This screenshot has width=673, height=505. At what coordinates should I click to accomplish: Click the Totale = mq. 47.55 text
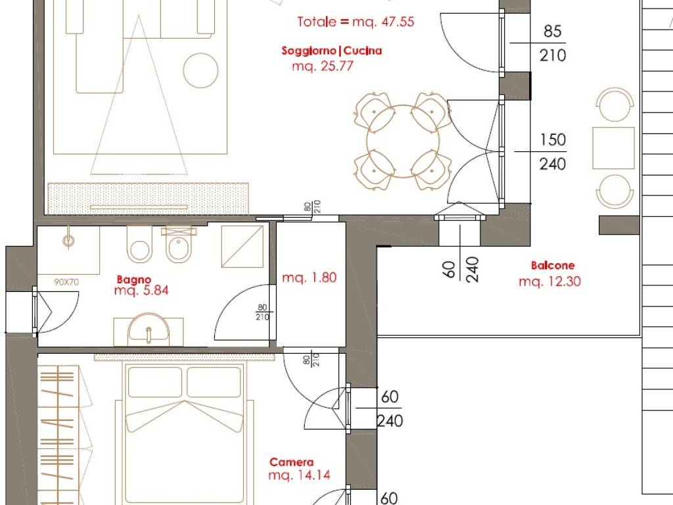(356, 22)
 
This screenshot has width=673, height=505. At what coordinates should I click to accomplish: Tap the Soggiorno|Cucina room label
(331, 51)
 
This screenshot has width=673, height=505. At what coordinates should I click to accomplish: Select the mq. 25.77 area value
(322, 66)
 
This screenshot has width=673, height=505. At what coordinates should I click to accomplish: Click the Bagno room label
(133, 280)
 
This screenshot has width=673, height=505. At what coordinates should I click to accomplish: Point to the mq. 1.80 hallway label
(309, 277)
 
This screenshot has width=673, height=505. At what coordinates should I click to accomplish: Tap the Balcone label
(552, 266)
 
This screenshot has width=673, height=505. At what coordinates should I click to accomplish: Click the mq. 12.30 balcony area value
(549, 281)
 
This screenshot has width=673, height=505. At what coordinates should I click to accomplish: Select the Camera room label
(291, 462)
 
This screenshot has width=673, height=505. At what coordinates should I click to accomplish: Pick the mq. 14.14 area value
(299, 475)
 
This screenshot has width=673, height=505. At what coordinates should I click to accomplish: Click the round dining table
(403, 141)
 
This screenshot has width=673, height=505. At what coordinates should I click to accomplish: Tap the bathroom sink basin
(149, 329)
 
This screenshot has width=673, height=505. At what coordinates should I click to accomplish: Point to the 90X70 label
(66, 282)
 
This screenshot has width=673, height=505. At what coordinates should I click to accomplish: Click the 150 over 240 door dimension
(552, 152)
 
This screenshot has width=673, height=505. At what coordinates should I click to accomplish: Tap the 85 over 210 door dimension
(552, 43)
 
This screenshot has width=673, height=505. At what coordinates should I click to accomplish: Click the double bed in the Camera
(185, 435)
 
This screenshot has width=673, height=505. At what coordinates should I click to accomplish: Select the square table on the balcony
(613, 148)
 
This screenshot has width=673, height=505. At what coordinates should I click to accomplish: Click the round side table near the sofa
(200, 70)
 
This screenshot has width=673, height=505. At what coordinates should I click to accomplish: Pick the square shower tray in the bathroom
(243, 246)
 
